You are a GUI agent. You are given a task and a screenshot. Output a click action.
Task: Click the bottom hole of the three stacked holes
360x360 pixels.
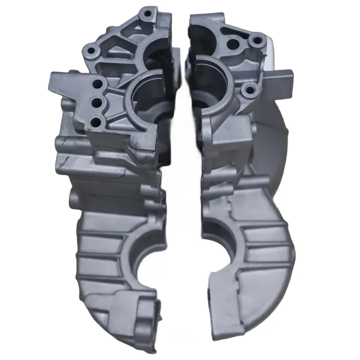96,121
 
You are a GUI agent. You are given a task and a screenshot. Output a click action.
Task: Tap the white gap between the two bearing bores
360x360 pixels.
182,99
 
